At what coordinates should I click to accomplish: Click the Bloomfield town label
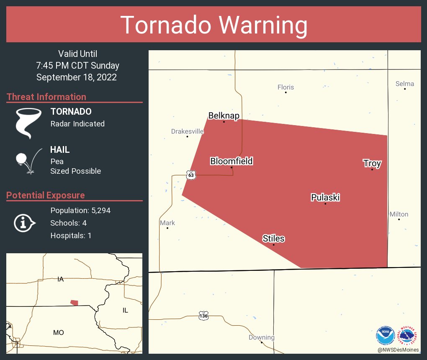(231, 161)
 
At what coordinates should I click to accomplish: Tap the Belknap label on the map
(224, 116)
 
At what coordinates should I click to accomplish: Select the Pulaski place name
(325, 197)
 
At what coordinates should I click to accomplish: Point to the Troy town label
(372, 163)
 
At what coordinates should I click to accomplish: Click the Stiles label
(273, 239)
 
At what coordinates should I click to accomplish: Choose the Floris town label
(286, 87)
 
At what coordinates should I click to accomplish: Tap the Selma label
(404, 84)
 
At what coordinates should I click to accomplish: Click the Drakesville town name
(187, 131)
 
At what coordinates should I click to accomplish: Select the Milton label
(399, 214)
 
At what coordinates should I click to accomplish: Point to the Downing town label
(261, 337)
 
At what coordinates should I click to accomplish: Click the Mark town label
(167, 223)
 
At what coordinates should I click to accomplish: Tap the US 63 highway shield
(191, 175)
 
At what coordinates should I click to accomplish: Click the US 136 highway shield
(203, 316)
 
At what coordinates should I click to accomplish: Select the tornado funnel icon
(28, 123)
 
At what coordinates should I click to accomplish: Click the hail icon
(28, 160)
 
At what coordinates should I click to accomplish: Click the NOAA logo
(386, 336)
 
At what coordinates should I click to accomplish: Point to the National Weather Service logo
(408, 335)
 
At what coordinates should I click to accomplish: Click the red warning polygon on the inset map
(74, 303)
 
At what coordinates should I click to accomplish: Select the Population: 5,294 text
(80, 211)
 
